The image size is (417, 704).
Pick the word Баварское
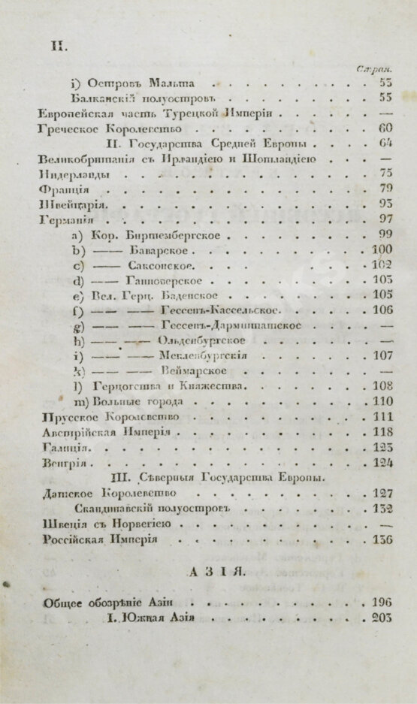click(x=160, y=249)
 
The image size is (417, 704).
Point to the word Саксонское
click(x=165, y=264)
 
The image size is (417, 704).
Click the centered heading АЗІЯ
click(x=208, y=573)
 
